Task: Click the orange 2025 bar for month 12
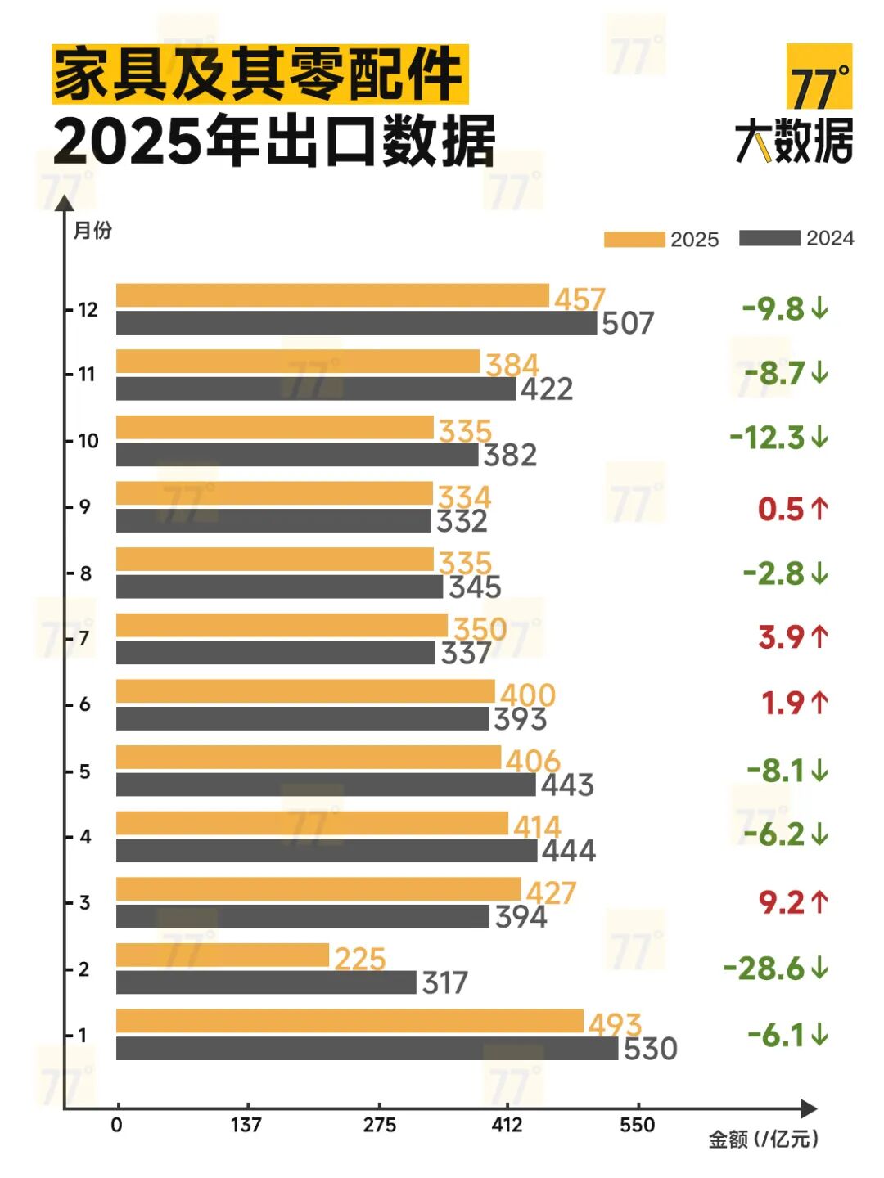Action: pyautogui.click(x=332, y=295)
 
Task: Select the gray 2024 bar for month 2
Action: pyautogui.click(x=266, y=982)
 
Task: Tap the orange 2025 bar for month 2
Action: pyautogui.click(x=223, y=955)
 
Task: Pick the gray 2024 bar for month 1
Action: pyautogui.click(x=367, y=1049)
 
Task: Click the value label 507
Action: pyautogui.click(x=628, y=323)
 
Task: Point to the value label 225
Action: pyautogui.click(x=360, y=959)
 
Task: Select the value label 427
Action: pyautogui.click(x=551, y=892)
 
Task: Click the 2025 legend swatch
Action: pyautogui.click(x=634, y=239)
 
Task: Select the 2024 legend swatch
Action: pyautogui.click(x=769, y=238)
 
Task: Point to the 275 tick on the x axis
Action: pyautogui.click(x=380, y=1126)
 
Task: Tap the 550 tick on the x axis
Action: pyautogui.click(x=637, y=1126)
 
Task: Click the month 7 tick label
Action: pyautogui.click(x=84, y=638)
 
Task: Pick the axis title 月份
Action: pyautogui.click(x=92, y=231)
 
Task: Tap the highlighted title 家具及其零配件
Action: pyautogui.click(x=260, y=74)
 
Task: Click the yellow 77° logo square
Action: pyautogui.click(x=819, y=77)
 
